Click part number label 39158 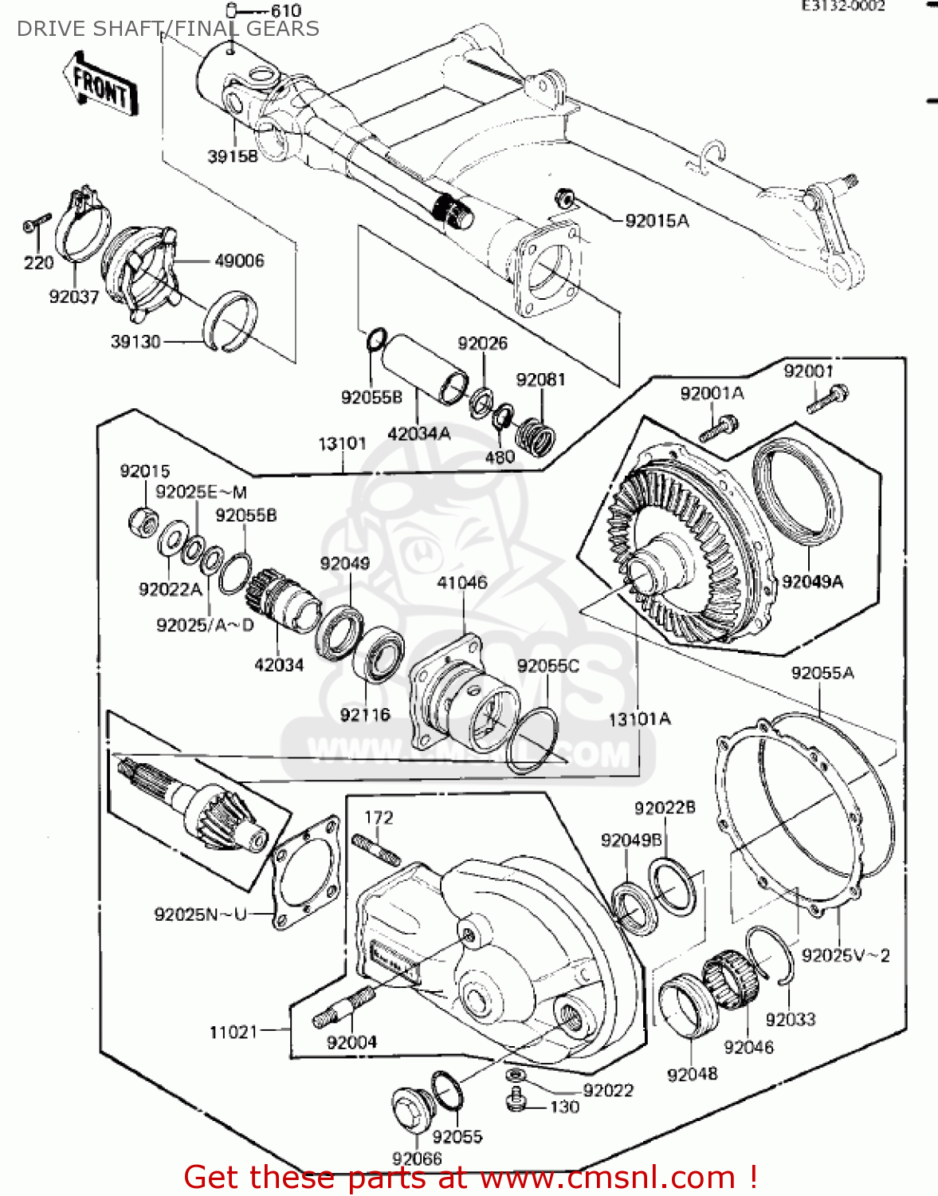pyautogui.click(x=233, y=156)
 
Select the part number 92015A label pyautogui.click(x=657, y=221)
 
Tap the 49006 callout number pyautogui.click(x=239, y=261)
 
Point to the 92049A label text pyautogui.click(x=812, y=581)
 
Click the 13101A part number pyautogui.click(x=639, y=719)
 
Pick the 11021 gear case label pyautogui.click(x=234, y=1032)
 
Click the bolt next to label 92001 pyautogui.click(x=828, y=398)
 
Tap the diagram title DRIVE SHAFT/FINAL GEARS pyautogui.click(x=167, y=29)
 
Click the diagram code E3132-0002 pyautogui.click(x=842, y=6)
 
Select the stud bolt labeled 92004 pyautogui.click(x=344, y=1008)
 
